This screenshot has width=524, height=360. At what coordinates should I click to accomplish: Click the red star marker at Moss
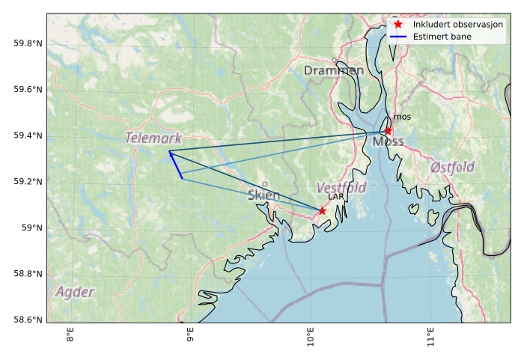(x=388, y=131)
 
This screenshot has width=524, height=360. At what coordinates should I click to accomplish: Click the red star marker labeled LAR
(x=322, y=211)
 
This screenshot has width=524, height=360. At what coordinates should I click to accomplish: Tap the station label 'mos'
(x=402, y=117)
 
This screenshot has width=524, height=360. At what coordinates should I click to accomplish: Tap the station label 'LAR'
(x=335, y=197)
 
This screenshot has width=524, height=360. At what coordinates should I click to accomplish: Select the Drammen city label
(x=334, y=70)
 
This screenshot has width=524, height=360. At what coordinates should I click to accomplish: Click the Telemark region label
(x=153, y=138)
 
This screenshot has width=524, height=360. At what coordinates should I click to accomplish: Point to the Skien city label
(x=263, y=195)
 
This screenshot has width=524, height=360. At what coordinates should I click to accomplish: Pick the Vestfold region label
(x=341, y=188)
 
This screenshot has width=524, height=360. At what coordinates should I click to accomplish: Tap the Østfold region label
(x=452, y=168)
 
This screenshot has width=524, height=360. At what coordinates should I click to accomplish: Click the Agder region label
(x=75, y=292)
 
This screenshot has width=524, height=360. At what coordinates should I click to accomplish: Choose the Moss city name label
(x=388, y=141)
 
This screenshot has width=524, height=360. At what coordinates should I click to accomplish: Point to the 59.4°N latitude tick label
(x=28, y=135)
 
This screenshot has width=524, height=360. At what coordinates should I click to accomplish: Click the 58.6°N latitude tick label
(x=28, y=320)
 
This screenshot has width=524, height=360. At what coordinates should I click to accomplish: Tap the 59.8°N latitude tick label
(x=28, y=43)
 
